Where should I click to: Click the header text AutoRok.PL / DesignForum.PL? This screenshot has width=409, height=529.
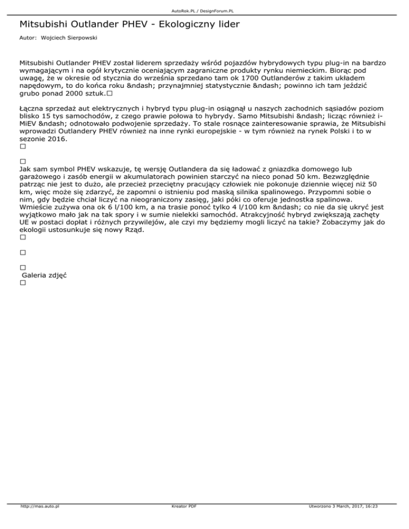(x=204, y=10)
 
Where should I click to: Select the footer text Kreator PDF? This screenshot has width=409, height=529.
(x=182, y=521)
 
